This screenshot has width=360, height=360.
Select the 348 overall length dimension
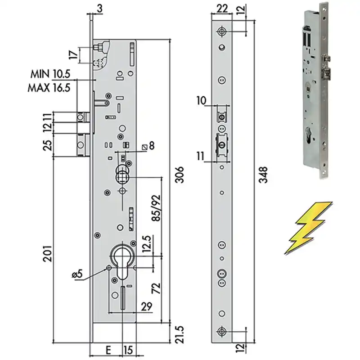click(x=263, y=175)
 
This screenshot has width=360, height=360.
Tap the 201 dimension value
click(x=48, y=254)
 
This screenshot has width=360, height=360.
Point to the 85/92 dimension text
click(x=156, y=208)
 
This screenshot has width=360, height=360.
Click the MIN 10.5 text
click(x=50, y=74)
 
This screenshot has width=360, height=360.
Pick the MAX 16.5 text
click(x=49, y=88)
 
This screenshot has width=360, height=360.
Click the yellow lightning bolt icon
click(x=308, y=228)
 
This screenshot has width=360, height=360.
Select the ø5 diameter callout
click(x=77, y=274)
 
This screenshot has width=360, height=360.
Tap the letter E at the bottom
click(x=108, y=351)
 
